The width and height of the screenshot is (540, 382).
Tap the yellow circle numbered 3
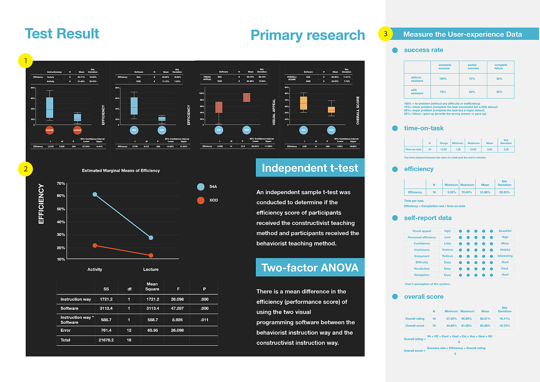tap(385, 34)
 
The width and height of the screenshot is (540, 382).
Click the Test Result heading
tap(62, 33)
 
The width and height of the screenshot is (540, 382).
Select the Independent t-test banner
tap(310, 168)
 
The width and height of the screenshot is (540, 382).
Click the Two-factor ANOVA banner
tap(310, 267)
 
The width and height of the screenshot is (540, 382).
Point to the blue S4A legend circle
tap(201, 187)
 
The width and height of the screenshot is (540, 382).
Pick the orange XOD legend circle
tap(201, 200)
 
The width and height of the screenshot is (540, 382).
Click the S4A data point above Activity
tap(95, 195)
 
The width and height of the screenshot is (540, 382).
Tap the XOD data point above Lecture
tap(151, 255)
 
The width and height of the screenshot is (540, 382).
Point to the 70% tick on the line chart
tap(61, 184)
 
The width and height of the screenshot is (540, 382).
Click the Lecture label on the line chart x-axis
tap(151, 269)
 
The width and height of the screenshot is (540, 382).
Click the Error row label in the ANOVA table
tap(66, 330)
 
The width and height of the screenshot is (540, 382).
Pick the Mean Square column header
tap(152, 287)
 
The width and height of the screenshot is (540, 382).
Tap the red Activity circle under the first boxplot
tap(50, 130)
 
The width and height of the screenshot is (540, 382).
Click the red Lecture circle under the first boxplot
tap(77, 130)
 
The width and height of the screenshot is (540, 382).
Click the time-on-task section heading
tap(424, 128)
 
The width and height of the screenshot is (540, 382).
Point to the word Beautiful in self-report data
tap(505, 231)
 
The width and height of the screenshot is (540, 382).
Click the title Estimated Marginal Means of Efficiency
tap(121, 171)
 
